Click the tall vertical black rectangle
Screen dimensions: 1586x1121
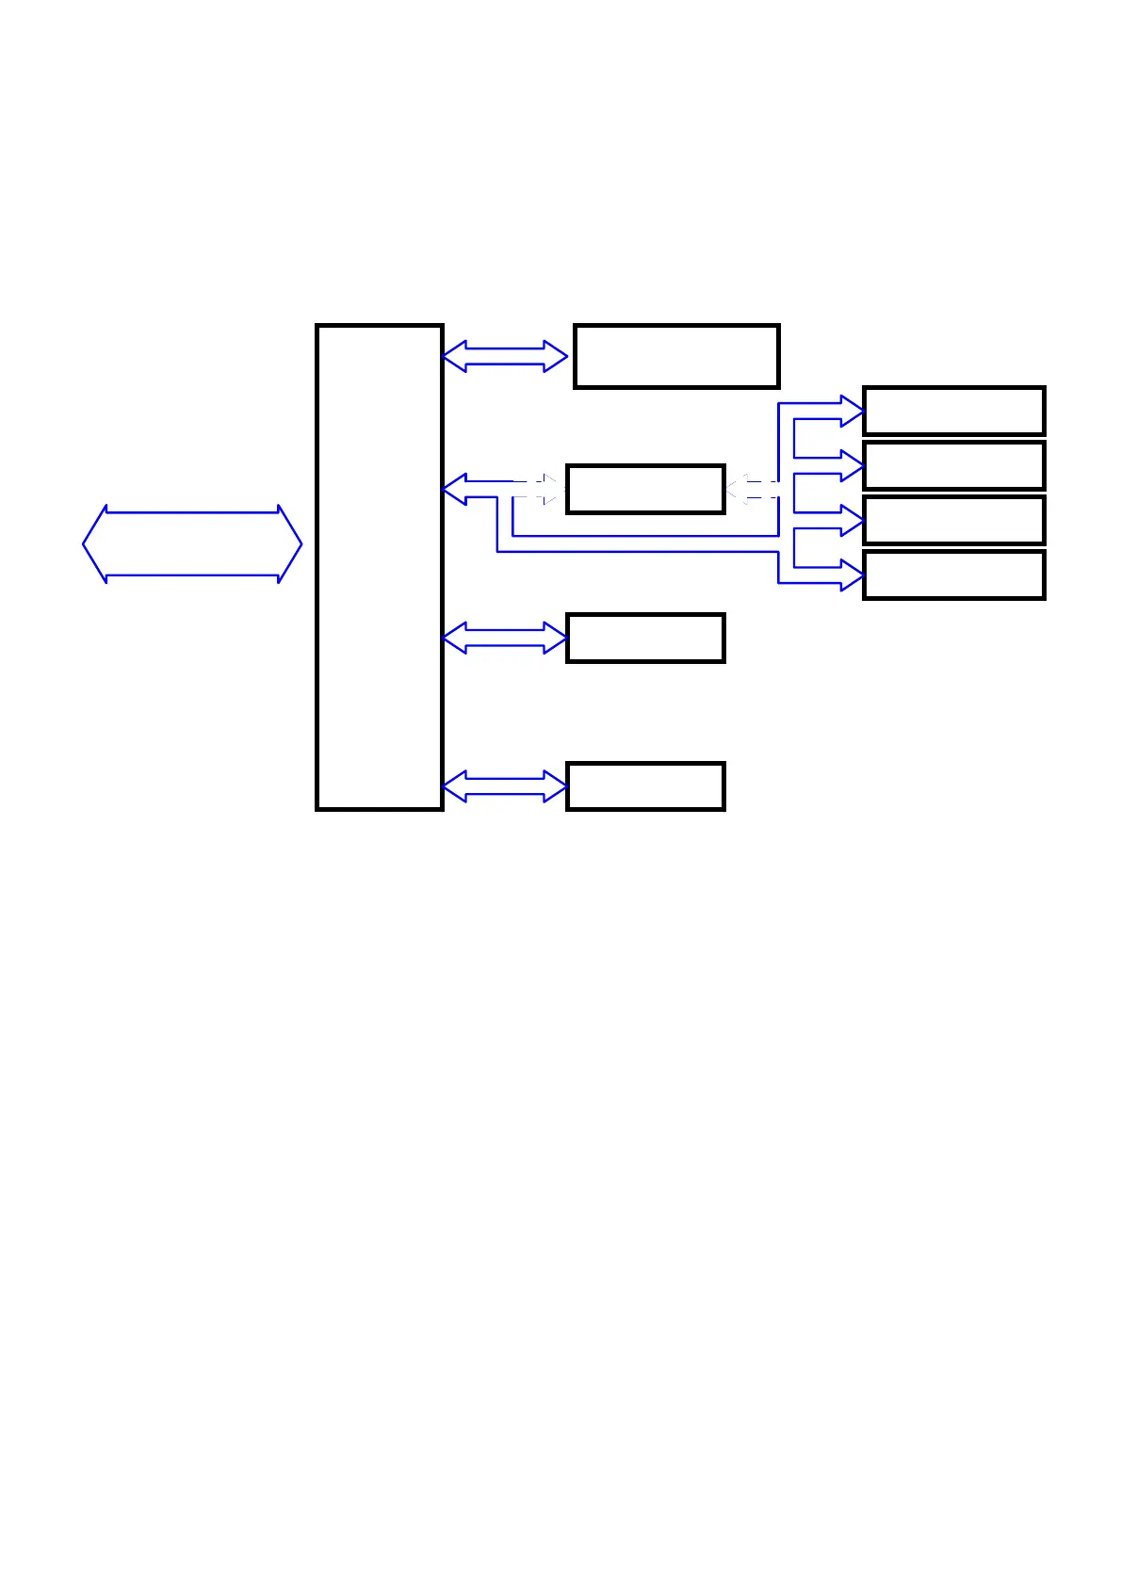click(379, 567)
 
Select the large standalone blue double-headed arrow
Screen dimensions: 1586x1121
click(192, 544)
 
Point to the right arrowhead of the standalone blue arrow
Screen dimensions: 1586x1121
click(290, 544)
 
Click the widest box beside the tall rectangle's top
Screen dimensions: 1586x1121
click(676, 356)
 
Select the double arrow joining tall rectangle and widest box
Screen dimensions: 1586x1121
click(505, 356)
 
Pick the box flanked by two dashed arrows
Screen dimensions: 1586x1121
click(645, 489)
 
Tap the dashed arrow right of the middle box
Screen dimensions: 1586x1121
click(751, 489)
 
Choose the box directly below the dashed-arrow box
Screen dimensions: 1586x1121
click(645, 638)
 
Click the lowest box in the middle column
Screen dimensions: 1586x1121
click(645, 785)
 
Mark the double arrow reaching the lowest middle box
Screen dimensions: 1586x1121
click(505, 785)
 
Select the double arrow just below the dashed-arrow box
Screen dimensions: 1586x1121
click(505, 638)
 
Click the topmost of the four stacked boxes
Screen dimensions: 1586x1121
click(953, 411)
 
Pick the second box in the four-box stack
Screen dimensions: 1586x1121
click(953, 465)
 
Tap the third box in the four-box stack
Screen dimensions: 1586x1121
click(953, 520)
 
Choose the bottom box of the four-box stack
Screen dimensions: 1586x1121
click(953, 575)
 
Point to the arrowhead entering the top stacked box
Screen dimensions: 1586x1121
click(853, 411)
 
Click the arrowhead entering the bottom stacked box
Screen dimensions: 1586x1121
click(853, 575)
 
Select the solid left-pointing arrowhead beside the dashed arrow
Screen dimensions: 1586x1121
click(455, 489)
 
